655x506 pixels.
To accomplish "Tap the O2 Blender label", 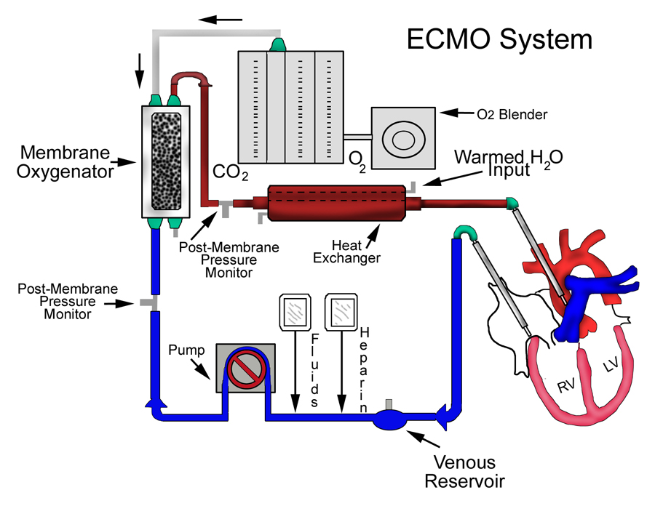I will pyautogui.click(x=512, y=114).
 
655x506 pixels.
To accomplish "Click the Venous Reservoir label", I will pyautogui.click(x=464, y=471).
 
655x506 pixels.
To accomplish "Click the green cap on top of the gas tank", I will pyautogui.click(x=279, y=45).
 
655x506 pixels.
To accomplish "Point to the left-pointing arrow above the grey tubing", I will pyautogui.click(x=221, y=20).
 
